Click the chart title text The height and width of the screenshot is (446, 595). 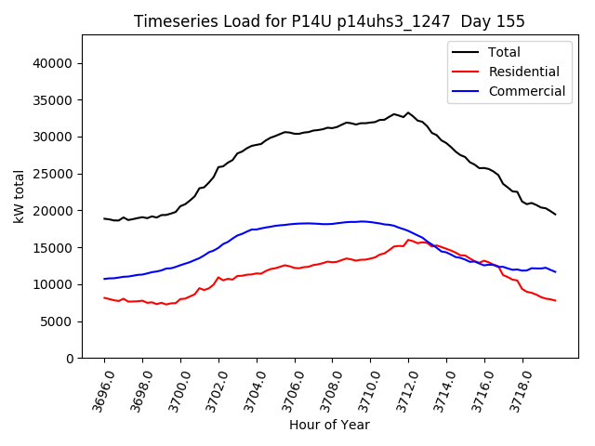pos(329,21)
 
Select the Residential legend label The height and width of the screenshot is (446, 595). pos(524,72)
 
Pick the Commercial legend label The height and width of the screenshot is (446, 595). pos(527,91)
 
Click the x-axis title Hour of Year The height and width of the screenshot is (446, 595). pos(329,425)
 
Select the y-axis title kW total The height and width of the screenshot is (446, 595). pos(19,197)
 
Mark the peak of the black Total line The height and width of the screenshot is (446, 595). pos(407,113)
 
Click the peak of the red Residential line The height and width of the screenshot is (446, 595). pos(408,240)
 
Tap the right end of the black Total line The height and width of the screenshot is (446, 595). pos(556,215)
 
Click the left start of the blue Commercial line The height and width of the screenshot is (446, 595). pos(104,279)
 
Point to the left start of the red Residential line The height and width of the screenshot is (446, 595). pos(104,297)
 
